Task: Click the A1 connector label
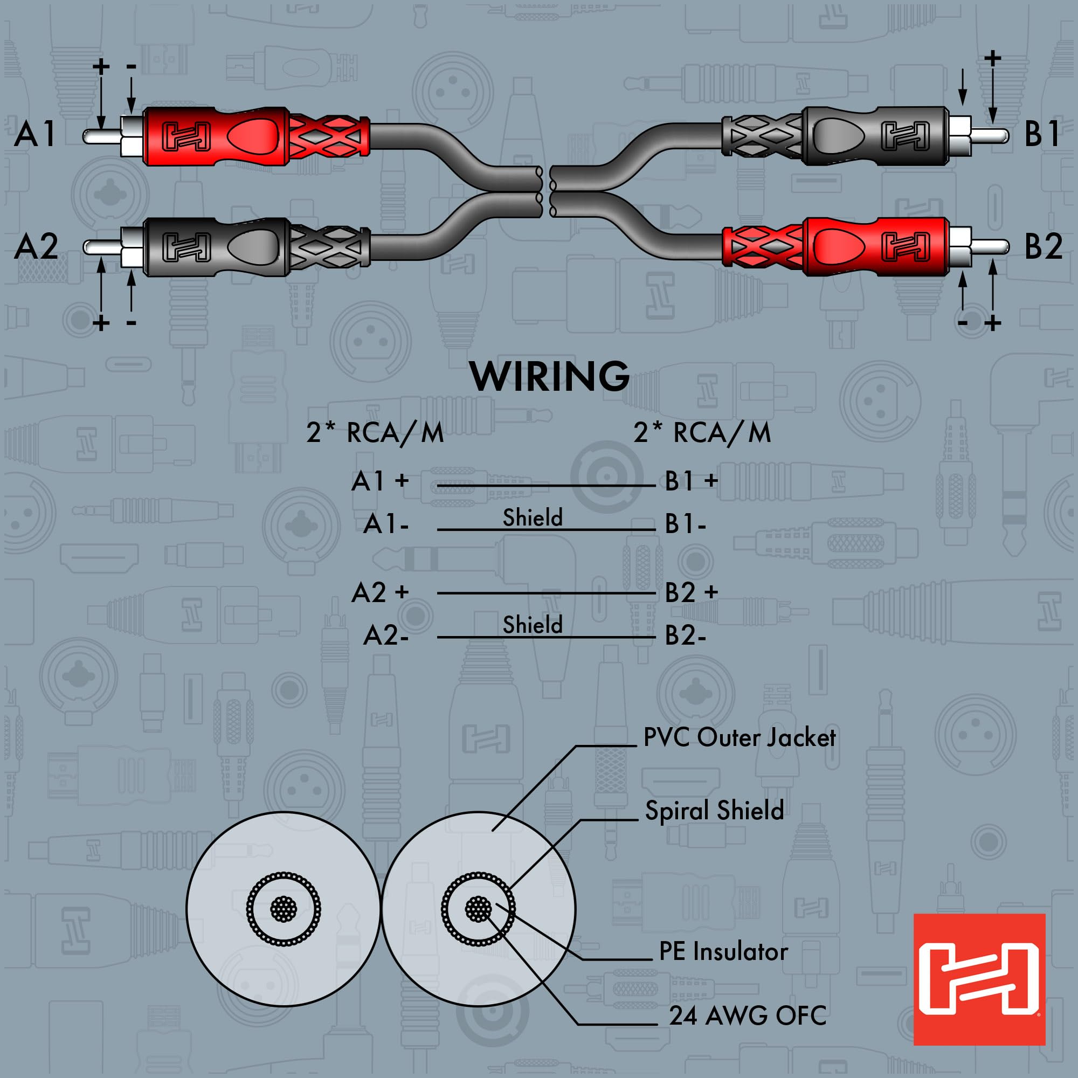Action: click(35, 134)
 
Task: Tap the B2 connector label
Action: click(1043, 246)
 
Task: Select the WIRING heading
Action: click(550, 377)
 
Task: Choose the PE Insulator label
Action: click(723, 951)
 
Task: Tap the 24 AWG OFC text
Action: click(748, 1015)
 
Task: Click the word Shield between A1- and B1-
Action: click(533, 518)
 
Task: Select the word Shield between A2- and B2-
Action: click(533, 625)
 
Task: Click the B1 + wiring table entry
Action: click(691, 481)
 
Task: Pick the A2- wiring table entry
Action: click(385, 635)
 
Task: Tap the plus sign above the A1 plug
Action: click(101, 67)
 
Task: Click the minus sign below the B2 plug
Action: click(963, 323)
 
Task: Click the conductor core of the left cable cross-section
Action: click(284, 909)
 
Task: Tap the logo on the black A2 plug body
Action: click(186, 247)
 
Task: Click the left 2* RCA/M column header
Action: click(375, 433)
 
